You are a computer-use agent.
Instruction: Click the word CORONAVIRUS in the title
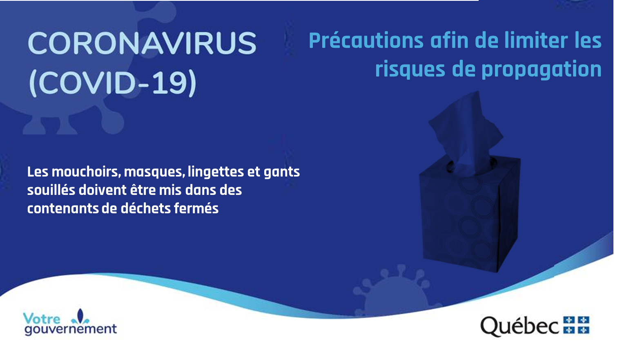pos(142,43)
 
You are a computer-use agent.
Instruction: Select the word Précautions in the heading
pos(366,40)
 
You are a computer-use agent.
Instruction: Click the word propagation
pos(541,70)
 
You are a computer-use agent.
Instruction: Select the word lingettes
pos(216,172)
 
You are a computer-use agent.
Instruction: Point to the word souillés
pos(51,190)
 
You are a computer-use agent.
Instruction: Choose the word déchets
pos(146,208)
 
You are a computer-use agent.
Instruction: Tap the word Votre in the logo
pos(42,319)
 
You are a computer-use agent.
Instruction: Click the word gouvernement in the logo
pos(71,329)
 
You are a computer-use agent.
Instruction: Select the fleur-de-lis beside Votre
pos(80,317)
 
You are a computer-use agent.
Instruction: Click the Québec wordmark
pos(519,326)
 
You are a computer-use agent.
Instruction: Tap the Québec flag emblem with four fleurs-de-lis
pos(576,325)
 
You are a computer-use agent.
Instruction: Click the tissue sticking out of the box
pos(466,133)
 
